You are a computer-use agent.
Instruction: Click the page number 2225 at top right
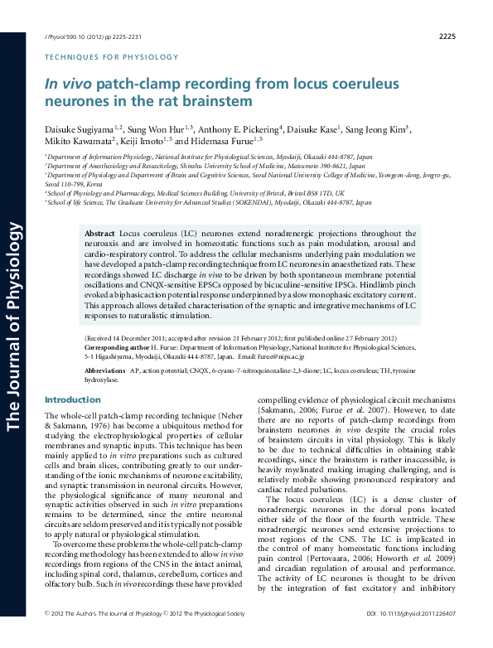pyautogui.click(x=446, y=36)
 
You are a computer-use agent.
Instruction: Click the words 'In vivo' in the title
pyautogui.click(x=66, y=85)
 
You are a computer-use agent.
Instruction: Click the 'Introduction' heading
pyautogui.click(x=71, y=400)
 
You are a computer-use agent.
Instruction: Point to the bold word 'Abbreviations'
pyautogui.click(x=104, y=371)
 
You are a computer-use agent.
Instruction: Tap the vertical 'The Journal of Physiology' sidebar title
pyautogui.click(x=14, y=314)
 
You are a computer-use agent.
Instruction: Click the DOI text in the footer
pyautogui.click(x=410, y=636)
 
